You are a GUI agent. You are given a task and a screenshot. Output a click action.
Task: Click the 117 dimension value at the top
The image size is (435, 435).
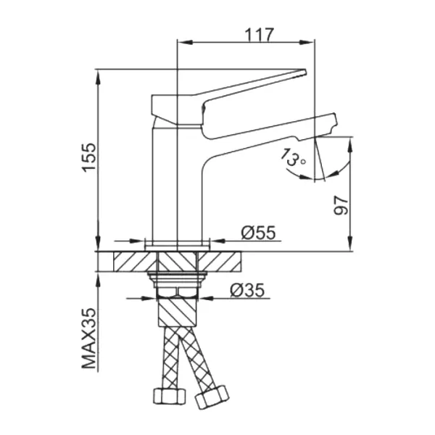tap(259, 35)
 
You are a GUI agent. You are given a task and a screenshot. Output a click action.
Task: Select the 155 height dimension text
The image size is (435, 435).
tap(90, 157)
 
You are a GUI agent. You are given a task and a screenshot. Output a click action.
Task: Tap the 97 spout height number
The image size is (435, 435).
tap(341, 205)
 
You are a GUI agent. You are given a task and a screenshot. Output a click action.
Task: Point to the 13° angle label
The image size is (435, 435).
tap(293, 157)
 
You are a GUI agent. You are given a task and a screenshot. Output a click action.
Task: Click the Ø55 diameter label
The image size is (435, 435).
tap(258, 232)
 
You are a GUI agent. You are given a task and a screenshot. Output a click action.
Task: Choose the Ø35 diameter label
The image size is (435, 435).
tap(247, 291)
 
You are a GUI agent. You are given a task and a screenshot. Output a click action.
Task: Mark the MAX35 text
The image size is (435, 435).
tap(89, 339)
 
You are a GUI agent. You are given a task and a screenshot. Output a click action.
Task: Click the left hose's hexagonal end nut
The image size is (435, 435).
tap(169, 396)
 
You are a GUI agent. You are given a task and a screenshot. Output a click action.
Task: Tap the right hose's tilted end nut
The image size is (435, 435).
tap(212, 397)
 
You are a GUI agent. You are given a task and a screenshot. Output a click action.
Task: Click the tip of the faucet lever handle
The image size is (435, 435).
tap(305, 72)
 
